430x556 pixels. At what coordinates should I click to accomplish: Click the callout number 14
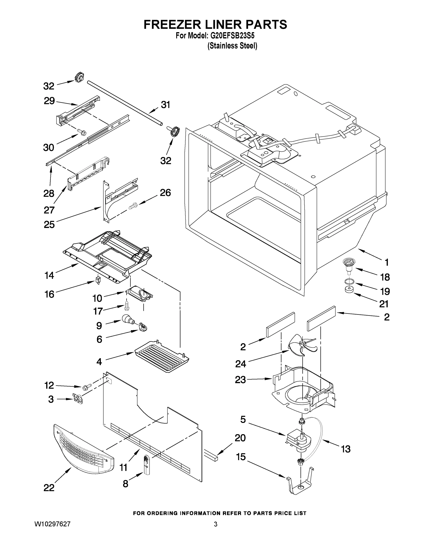(49, 275)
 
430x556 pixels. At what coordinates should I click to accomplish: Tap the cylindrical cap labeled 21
(348, 290)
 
